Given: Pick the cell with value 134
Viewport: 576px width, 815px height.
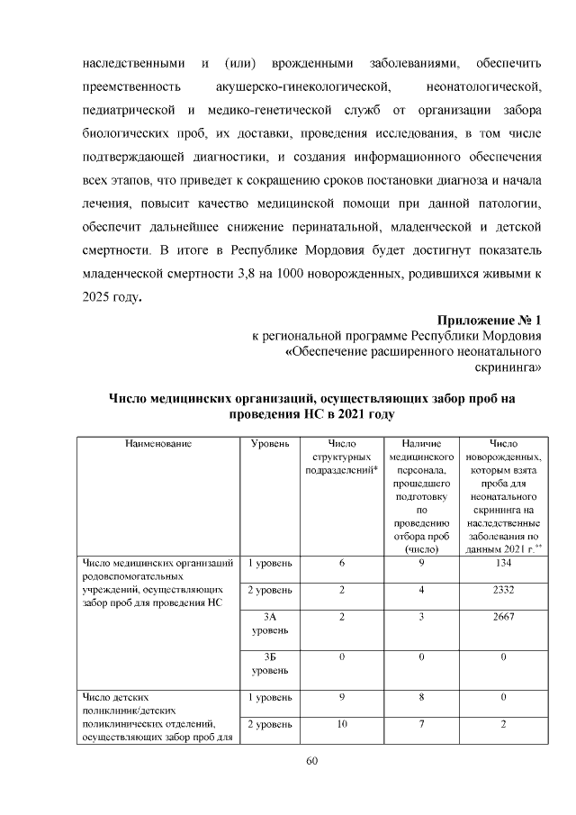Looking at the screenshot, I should point(503,563).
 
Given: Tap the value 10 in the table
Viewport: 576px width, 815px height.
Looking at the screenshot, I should point(342,723).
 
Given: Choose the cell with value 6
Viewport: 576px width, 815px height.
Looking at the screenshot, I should point(342,563).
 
